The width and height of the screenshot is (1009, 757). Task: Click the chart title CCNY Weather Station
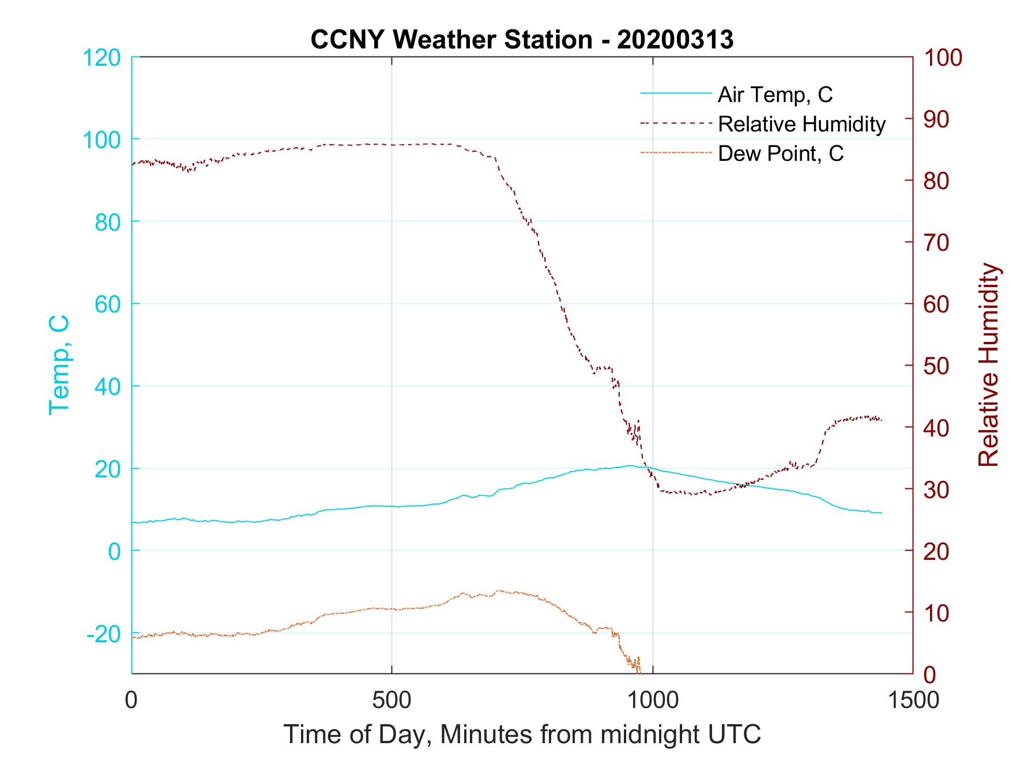[x=451, y=40]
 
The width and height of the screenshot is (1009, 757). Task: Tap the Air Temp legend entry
[x=775, y=95]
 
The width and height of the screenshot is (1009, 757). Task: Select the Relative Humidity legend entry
[x=801, y=124]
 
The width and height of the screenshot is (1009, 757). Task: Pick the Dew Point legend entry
[x=781, y=154]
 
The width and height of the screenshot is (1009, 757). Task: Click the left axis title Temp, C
[x=59, y=364]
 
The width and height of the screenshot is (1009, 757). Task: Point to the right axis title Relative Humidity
[x=988, y=364]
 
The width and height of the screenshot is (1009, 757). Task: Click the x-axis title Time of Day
[x=522, y=735]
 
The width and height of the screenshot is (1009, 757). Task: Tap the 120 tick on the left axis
[x=101, y=58]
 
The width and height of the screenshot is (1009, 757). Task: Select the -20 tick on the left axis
[x=104, y=634]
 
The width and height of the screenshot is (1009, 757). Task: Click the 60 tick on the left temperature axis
[x=107, y=304]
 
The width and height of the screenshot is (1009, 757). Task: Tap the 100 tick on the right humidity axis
[x=943, y=58]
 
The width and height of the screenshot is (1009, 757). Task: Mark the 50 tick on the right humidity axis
[x=937, y=366]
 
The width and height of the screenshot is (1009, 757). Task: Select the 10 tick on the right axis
[x=937, y=612]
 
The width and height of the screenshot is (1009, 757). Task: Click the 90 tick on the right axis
[x=937, y=119]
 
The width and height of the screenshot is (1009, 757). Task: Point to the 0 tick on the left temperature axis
[x=114, y=551]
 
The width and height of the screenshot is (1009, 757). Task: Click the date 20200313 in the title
[x=675, y=40]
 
